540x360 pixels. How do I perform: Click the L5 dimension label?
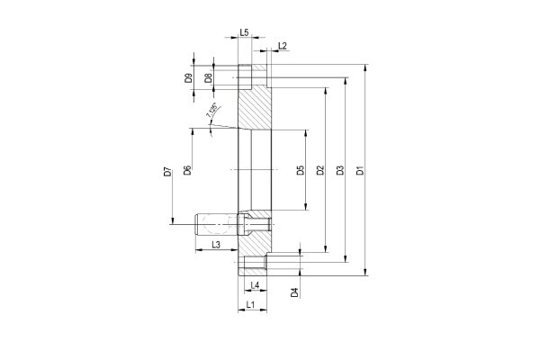coord(245,32)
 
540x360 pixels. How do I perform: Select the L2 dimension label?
coord(283,45)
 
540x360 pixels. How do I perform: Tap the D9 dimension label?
coord(188,78)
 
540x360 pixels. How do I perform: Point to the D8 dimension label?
coord(208,78)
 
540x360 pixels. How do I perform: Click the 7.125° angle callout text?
coord(211,112)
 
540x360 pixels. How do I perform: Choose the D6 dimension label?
coord(187,170)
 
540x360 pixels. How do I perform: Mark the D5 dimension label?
coord(301,170)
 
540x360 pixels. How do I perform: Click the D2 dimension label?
coord(320,170)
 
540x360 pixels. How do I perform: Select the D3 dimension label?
coord(340,170)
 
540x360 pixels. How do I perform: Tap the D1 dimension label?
coord(360,170)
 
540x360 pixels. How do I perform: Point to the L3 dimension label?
coord(216,244)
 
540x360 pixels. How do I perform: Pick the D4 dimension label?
coord(294,292)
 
